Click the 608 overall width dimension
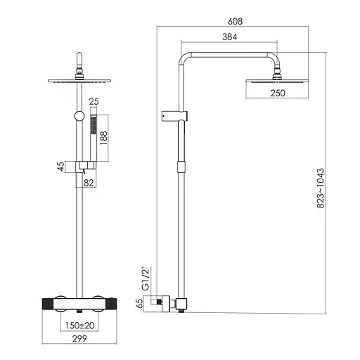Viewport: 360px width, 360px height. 235,21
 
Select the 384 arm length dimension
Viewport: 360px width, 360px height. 229,37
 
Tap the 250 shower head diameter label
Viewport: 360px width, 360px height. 278,93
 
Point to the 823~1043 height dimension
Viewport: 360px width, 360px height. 320,188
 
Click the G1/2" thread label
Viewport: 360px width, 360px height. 146,278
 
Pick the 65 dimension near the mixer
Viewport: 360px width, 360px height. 139,304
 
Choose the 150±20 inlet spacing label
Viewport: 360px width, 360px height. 79,326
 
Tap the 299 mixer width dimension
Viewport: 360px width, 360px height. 79,338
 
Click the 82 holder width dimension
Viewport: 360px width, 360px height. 89,183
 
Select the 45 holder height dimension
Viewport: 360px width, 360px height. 60,167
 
